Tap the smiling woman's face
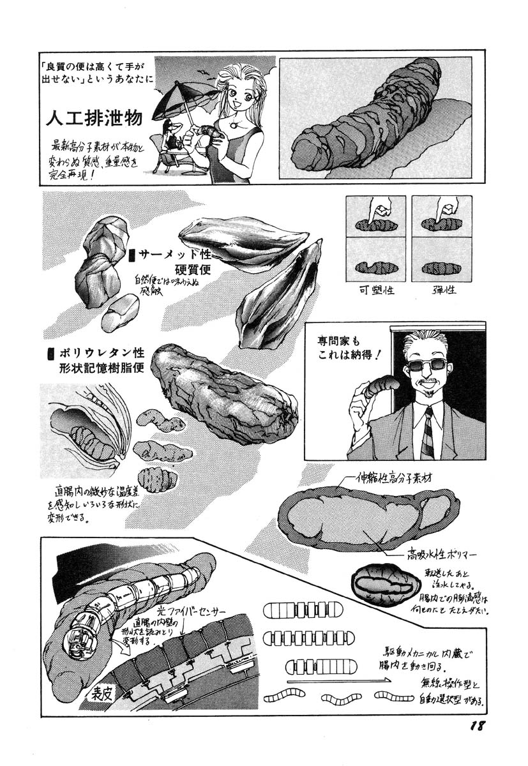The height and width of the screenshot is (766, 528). point(239,96)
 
